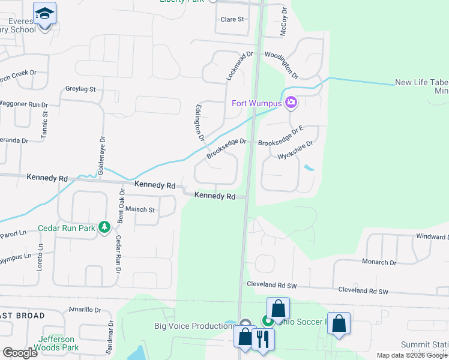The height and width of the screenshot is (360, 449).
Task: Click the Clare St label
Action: [232, 19]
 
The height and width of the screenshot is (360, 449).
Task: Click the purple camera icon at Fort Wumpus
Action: [291, 103]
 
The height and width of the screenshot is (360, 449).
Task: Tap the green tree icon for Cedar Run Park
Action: [105, 227]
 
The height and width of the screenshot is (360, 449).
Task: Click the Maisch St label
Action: [140, 210]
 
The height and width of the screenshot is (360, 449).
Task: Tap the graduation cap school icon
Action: [44, 13]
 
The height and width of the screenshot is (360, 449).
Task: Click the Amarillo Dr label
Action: [84, 310]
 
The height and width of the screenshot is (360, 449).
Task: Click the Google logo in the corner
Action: [20, 353]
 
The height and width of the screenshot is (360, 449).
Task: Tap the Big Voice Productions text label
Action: [194, 326]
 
